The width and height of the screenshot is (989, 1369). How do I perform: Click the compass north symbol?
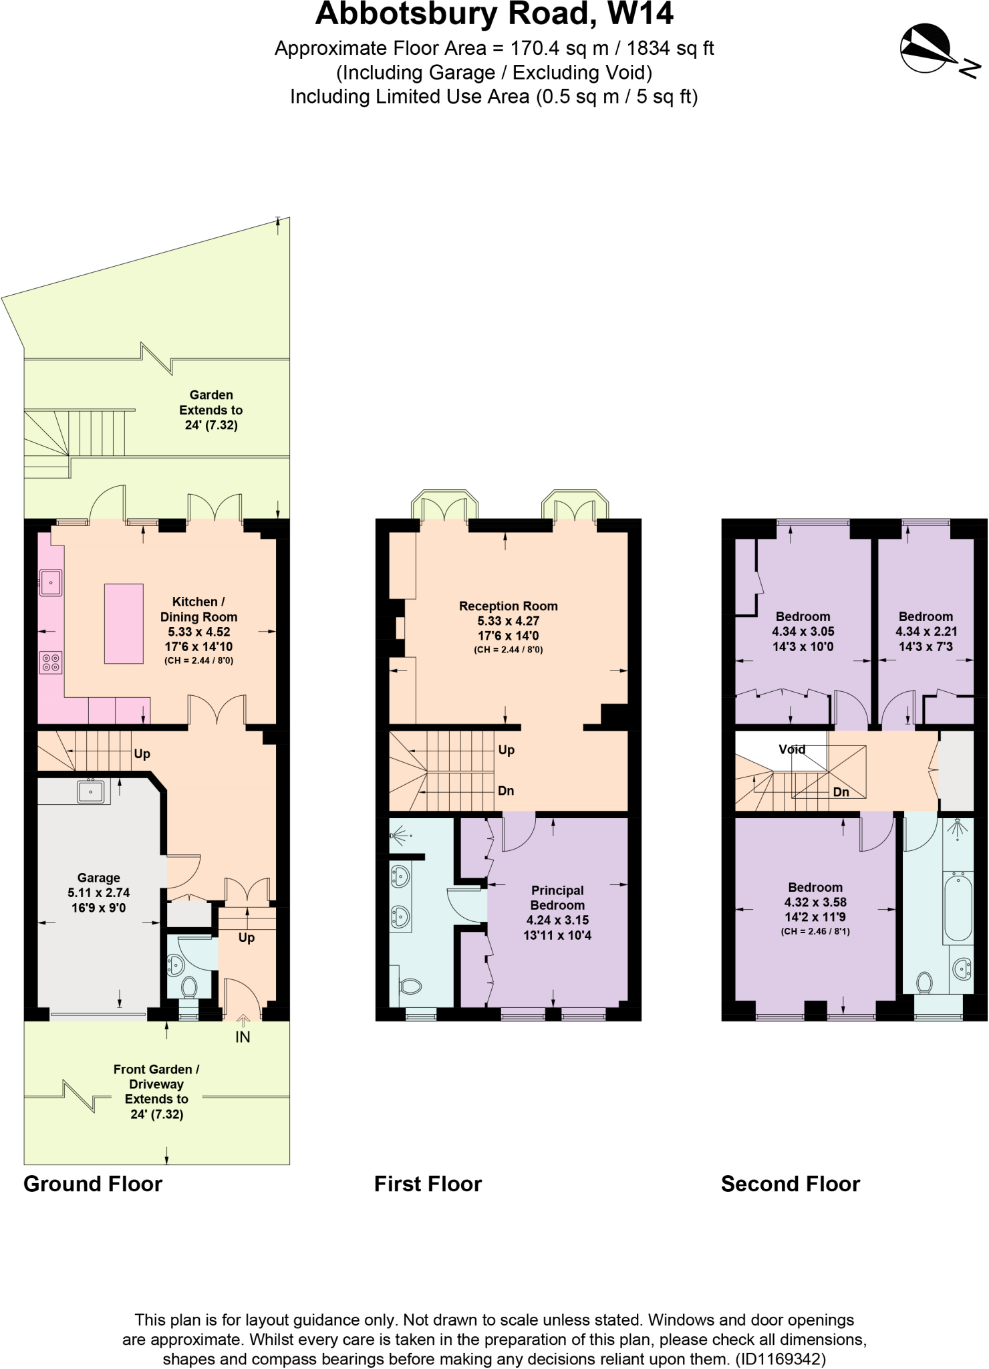point(926,48)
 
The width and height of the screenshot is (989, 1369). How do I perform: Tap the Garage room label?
point(98,878)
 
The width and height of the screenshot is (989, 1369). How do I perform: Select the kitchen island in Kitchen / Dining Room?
point(124,624)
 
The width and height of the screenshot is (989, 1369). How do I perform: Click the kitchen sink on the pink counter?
point(51,582)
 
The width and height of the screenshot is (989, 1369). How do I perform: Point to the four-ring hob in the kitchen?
point(51,662)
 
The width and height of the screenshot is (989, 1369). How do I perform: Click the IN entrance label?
point(243,1037)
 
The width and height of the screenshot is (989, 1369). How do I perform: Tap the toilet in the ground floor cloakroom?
point(189,986)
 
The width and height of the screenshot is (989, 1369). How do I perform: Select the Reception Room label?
point(508,606)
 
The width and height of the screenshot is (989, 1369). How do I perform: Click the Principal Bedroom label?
point(557,898)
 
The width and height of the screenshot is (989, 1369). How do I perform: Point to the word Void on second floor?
point(792,749)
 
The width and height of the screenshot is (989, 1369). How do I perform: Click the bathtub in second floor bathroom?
point(958,907)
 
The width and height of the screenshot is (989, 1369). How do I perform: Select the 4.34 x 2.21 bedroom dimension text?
point(926,632)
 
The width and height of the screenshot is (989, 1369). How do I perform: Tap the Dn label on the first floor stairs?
point(506,791)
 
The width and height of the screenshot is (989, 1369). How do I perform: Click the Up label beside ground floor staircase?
point(142,754)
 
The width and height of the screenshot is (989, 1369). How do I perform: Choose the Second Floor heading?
point(790,1184)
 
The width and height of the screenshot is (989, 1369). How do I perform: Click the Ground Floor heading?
point(93,1184)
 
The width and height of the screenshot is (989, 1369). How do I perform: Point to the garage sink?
point(90,791)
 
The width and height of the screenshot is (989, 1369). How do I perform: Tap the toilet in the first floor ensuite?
point(410,986)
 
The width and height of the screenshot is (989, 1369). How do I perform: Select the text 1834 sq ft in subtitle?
point(670,48)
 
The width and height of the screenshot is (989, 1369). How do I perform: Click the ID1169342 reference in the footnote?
point(781,1359)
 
